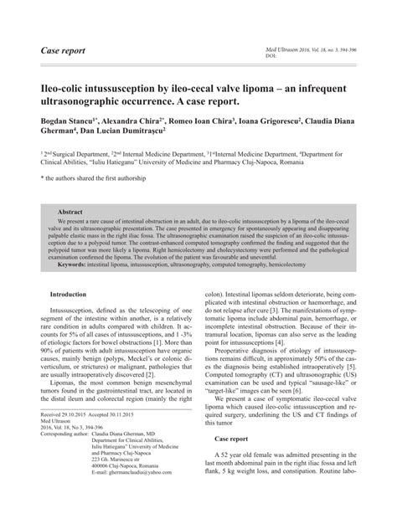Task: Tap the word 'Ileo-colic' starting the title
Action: tap(59, 87)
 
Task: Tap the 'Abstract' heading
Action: tap(71, 213)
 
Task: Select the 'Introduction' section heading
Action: tap(69, 295)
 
